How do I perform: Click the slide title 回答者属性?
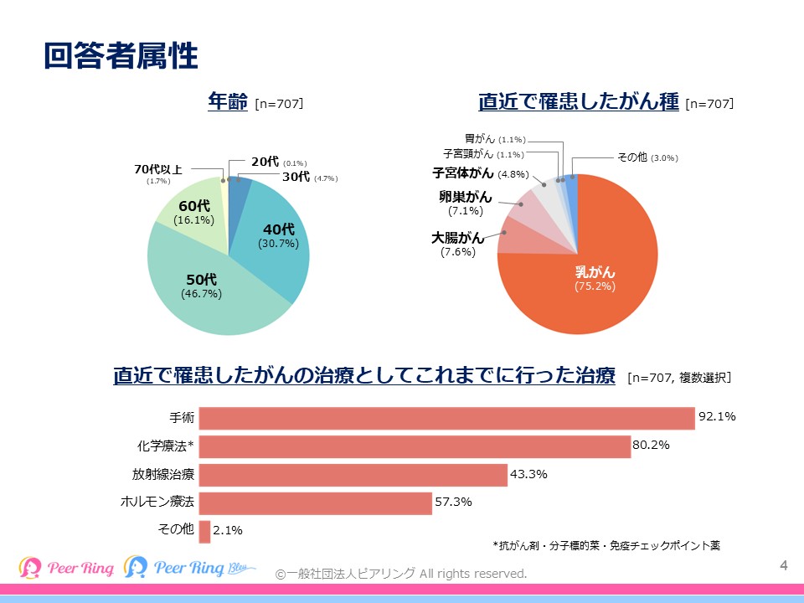pyautogui.click(x=121, y=56)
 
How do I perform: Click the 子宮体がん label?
pyautogui.click(x=462, y=173)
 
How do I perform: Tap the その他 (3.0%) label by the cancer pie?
pyautogui.click(x=647, y=157)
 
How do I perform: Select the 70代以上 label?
pyautogui.click(x=158, y=170)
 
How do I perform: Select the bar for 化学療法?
pyautogui.click(x=415, y=446)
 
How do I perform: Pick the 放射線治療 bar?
pyautogui.click(x=353, y=475)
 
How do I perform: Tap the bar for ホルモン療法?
pyautogui.click(x=316, y=503)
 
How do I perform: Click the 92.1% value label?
pyautogui.click(x=717, y=416)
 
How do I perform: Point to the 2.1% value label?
pyautogui.click(x=229, y=530)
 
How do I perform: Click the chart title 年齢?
pyautogui.click(x=228, y=102)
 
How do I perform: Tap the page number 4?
pyautogui.click(x=784, y=565)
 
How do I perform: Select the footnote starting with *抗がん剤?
pyautogui.click(x=606, y=545)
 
